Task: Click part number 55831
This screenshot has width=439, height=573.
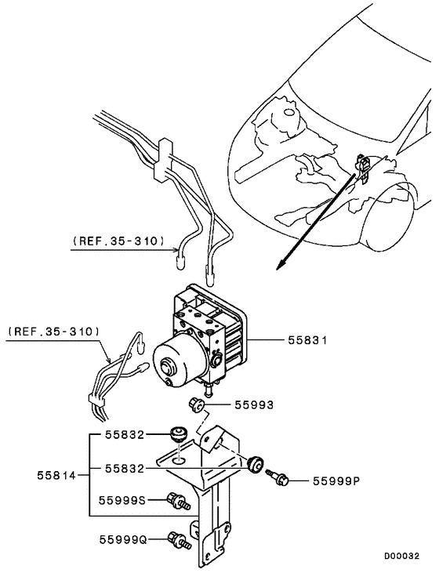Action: pyautogui.click(x=307, y=340)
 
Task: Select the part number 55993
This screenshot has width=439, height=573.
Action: pyautogui.click(x=254, y=405)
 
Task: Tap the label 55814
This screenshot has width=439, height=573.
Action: pyautogui.click(x=56, y=476)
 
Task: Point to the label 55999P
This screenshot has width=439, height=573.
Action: pyautogui.click(x=336, y=481)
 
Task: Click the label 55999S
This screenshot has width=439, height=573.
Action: pyautogui.click(x=123, y=500)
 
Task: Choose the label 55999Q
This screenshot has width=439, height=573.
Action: pyautogui.click(x=123, y=539)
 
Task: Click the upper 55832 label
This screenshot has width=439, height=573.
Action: pyautogui.click(x=125, y=435)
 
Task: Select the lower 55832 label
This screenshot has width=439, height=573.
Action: pyautogui.click(x=125, y=469)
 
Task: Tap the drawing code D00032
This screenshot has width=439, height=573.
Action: pyautogui.click(x=401, y=556)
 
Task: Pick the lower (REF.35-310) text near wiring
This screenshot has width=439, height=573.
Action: pyautogui.click(x=54, y=332)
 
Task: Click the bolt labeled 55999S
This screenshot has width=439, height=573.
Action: pyautogui.click(x=179, y=500)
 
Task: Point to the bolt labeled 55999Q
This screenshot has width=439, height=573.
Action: pyautogui.click(x=179, y=541)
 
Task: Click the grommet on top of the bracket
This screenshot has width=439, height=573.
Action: pyautogui.click(x=179, y=433)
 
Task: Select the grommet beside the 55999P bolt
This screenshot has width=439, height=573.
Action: pyautogui.click(x=254, y=464)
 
